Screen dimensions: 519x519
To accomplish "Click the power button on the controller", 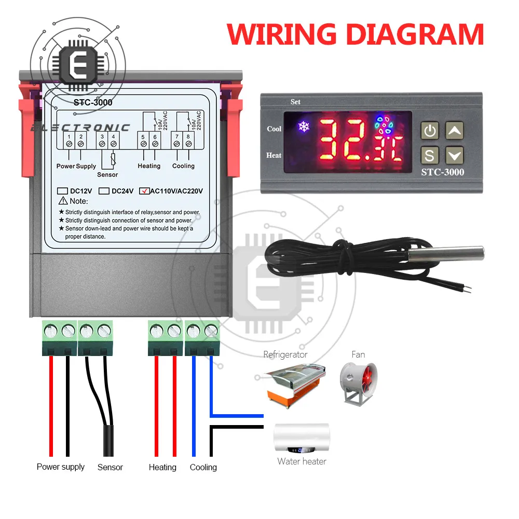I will [x=430, y=131].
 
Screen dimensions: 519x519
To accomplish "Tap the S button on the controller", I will [x=430, y=155].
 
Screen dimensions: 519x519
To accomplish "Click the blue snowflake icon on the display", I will [x=302, y=126].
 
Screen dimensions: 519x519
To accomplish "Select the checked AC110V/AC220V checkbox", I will [x=144, y=190].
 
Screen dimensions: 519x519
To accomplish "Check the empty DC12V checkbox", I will [x=62, y=190].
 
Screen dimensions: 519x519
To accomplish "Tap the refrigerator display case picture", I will [x=293, y=384].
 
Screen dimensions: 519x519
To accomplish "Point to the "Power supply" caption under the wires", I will [x=60, y=467].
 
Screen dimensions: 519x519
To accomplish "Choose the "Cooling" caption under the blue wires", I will [x=203, y=467].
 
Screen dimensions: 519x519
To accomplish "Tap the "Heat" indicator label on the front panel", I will [x=274, y=155].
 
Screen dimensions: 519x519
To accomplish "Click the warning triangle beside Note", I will [x=64, y=201].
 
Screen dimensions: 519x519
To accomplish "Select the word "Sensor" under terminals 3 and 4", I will [x=107, y=174].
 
